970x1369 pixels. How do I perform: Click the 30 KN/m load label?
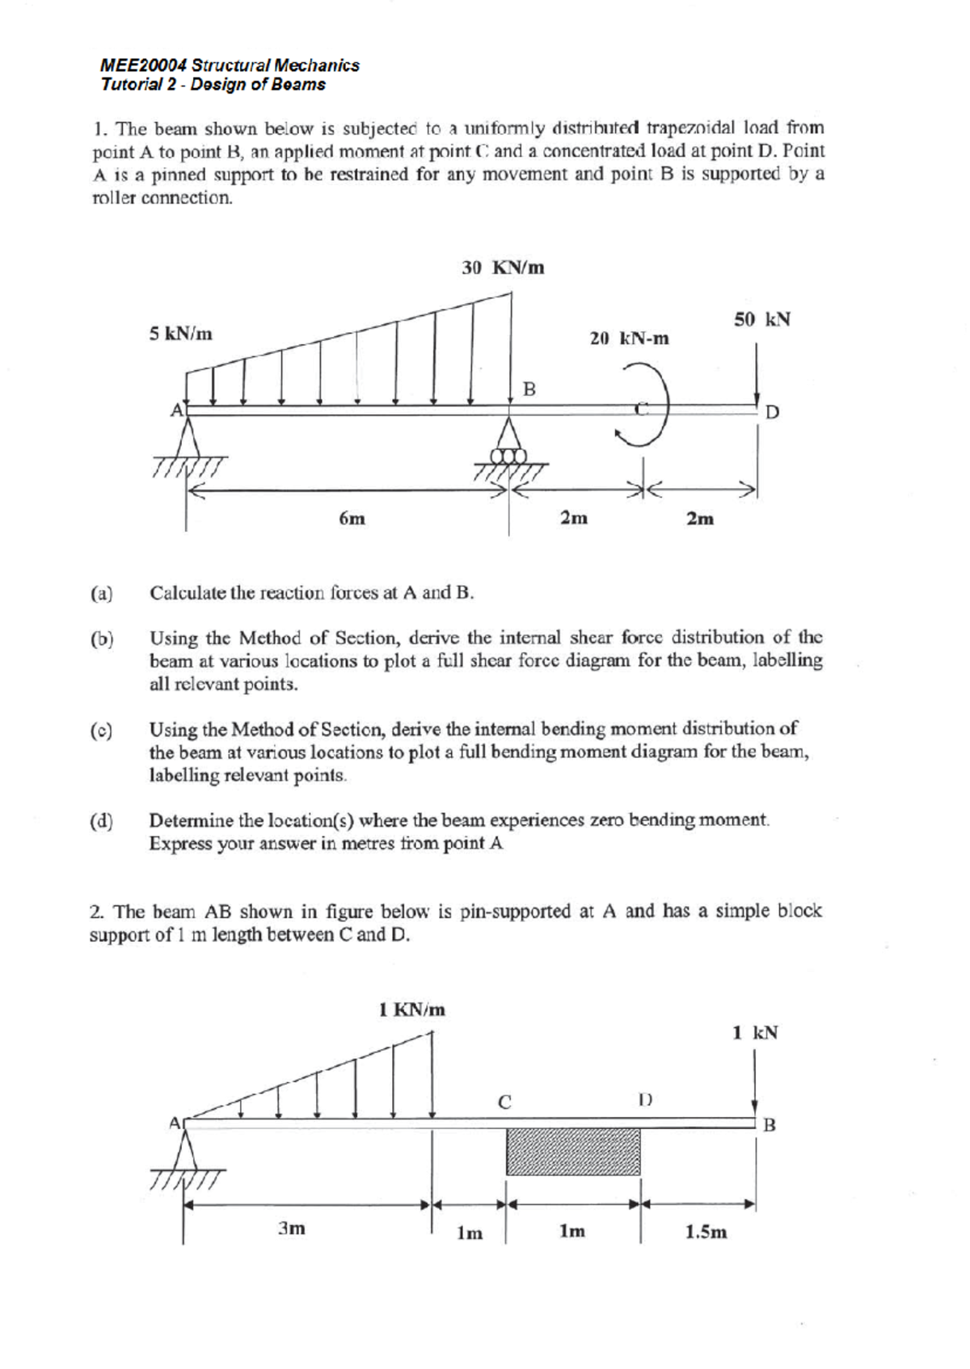502,267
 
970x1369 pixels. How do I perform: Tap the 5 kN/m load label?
181,333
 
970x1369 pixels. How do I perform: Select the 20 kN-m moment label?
629,339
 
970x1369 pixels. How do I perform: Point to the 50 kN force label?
761,319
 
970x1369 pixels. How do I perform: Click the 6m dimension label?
352,519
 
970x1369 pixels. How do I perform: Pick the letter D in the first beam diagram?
772,412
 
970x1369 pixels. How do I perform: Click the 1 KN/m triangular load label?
412,1009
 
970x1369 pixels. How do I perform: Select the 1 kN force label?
754,1032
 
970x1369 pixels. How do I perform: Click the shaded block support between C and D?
572,1152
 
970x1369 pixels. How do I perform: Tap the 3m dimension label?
292,1228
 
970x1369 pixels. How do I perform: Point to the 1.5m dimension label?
706,1232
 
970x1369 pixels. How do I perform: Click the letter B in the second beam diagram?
769,1124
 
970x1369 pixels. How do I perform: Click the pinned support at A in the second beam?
188,1151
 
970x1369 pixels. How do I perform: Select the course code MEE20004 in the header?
139,65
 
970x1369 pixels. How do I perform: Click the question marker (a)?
101,593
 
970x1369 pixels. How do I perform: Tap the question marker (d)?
101,821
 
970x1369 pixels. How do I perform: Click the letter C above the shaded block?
504,1102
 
